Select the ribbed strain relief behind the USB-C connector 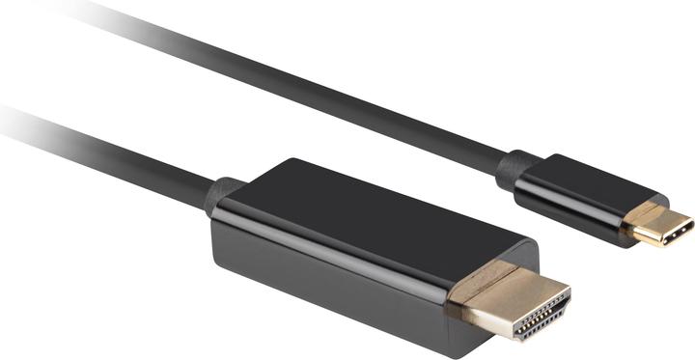click(517, 170)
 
